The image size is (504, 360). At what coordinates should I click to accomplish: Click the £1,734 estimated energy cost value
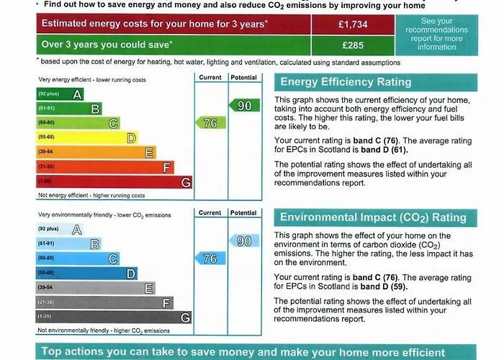(353, 24)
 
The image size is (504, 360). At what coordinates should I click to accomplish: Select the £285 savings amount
(353, 45)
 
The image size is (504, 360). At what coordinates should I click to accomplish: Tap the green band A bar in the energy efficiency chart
(60, 94)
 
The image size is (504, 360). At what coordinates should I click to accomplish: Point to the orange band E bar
(96, 153)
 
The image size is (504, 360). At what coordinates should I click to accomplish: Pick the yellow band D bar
(88, 138)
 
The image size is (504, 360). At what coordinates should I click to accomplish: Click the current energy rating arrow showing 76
(207, 123)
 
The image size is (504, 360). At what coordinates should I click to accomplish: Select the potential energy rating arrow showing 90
(243, 106)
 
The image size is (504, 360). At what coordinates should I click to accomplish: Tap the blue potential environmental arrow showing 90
(243, 241)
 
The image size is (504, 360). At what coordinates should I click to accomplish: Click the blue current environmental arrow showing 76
(207, 258)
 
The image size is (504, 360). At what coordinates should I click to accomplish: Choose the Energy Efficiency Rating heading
(346, 82)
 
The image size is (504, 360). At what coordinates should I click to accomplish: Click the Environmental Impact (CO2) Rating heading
(373, 217)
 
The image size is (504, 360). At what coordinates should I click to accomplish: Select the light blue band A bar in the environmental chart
(60, 229)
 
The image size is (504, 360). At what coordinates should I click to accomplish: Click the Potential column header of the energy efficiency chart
(243, 77)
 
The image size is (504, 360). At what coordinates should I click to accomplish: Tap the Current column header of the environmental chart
(210, 213)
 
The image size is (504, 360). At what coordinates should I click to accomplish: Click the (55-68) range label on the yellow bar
(46, 137)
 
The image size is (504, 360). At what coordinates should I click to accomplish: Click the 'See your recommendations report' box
(436, 35)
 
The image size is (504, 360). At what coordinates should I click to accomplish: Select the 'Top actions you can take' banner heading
(243, 352)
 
